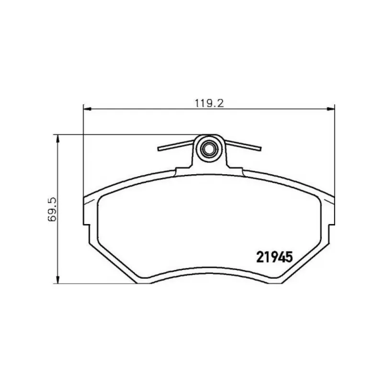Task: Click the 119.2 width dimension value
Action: [209, 103]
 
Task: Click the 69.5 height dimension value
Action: [52, 209]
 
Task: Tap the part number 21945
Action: [274, 257]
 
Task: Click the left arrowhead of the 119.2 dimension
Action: [87, 109]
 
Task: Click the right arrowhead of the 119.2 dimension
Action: [331, 109]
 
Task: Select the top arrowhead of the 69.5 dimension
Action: [58, 138]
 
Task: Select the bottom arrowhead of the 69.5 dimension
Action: [58, 280]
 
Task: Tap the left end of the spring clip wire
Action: [159, 149]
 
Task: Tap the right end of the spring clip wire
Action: [260, 148]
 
